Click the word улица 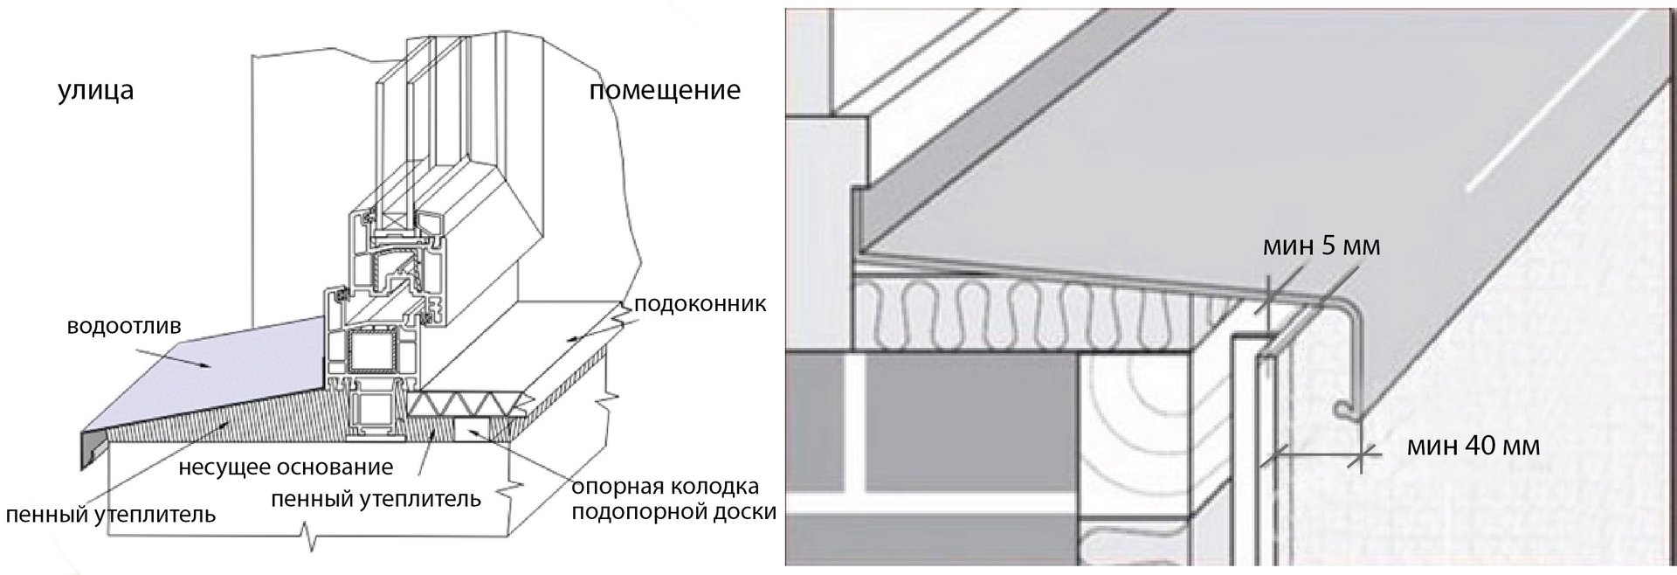(96, 91)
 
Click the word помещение (665, 90)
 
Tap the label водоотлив (124, 327)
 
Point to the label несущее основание (285, 467)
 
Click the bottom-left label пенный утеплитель (110, 514)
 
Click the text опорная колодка (666, 486)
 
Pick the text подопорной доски (673, 511)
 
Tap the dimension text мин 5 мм (1322, 246)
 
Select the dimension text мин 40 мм (1473, 446)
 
